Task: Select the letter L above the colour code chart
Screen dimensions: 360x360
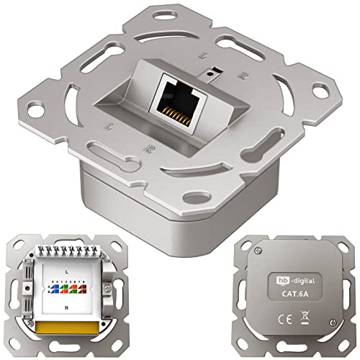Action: (x=66, y=269)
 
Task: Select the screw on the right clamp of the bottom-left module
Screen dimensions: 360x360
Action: (x=108, y=279)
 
